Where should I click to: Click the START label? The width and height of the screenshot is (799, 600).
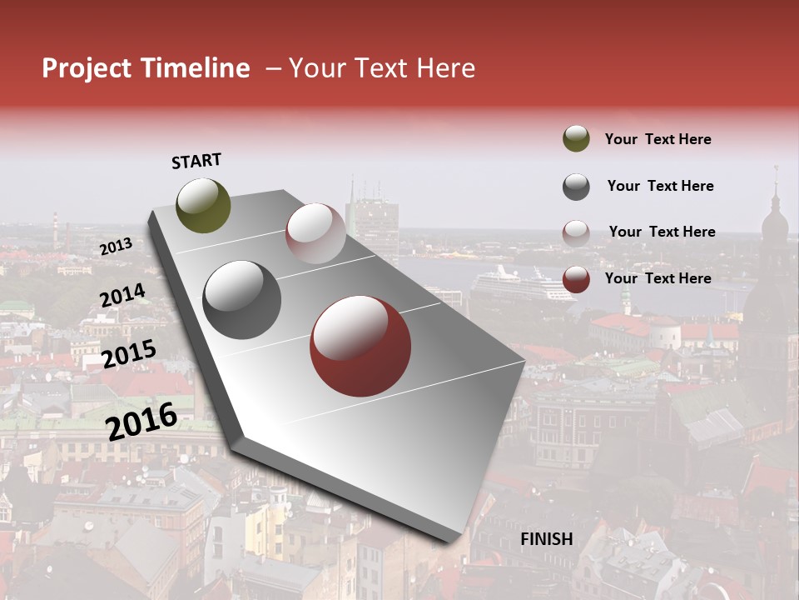click(196, 161)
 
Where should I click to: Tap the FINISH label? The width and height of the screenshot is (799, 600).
click(547, 539)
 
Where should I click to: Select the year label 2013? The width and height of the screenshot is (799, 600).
click(116, 247)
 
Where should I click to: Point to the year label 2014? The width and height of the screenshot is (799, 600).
click(122, 296)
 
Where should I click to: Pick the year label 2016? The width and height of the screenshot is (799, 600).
click(141, 421)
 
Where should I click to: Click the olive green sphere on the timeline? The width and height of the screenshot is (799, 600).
click(204, 205)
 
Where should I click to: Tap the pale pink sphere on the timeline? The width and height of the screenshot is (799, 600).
click(315, 233)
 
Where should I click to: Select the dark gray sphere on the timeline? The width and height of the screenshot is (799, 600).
click(242, 300)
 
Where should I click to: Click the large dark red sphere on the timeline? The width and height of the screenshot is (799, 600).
click(360, 347)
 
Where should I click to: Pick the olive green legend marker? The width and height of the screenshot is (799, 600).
click(576, 139)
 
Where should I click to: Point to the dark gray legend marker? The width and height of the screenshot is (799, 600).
click(576, 187)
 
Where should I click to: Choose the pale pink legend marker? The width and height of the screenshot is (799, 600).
click(576, 232)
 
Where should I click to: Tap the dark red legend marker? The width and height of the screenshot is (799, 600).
click(576, 279)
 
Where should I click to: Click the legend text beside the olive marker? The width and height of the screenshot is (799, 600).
click(658, 140)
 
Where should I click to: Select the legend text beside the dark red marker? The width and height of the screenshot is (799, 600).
click(658, 278)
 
